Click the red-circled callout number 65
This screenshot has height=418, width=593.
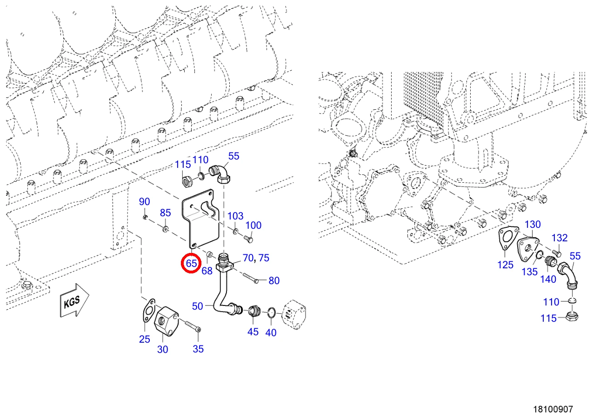pyautogui.click(x=191, y=263)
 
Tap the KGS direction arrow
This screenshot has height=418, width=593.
pyautogui.click(x=74, y=300)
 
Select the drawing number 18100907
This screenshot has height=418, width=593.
pyautogui.click(x=553, y=409)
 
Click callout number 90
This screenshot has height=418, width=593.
pyautogui.click(x=144, y=202)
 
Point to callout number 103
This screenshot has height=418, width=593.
pyautogui.click(x=235, y=216)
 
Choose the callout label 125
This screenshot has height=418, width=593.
pyautogui.click(x=505, y=265)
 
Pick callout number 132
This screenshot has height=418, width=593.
pyautogui.click(x=560, y=238)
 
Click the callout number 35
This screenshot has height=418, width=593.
pyautogui.click(x=198, y=349)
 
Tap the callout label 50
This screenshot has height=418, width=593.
pyautogui.click(x=197, y=306)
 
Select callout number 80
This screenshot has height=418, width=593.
pyautogui.click(x=274, y=281)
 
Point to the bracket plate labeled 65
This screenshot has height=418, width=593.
pyautogui.click(x=200, y=219)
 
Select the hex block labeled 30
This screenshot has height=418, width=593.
pyautogui.click(x=166, y=321)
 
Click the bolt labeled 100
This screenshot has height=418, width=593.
pyautogui.click(x=248, y=239)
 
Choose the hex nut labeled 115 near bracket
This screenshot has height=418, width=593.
pyautogui.click(x=187, y=182)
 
